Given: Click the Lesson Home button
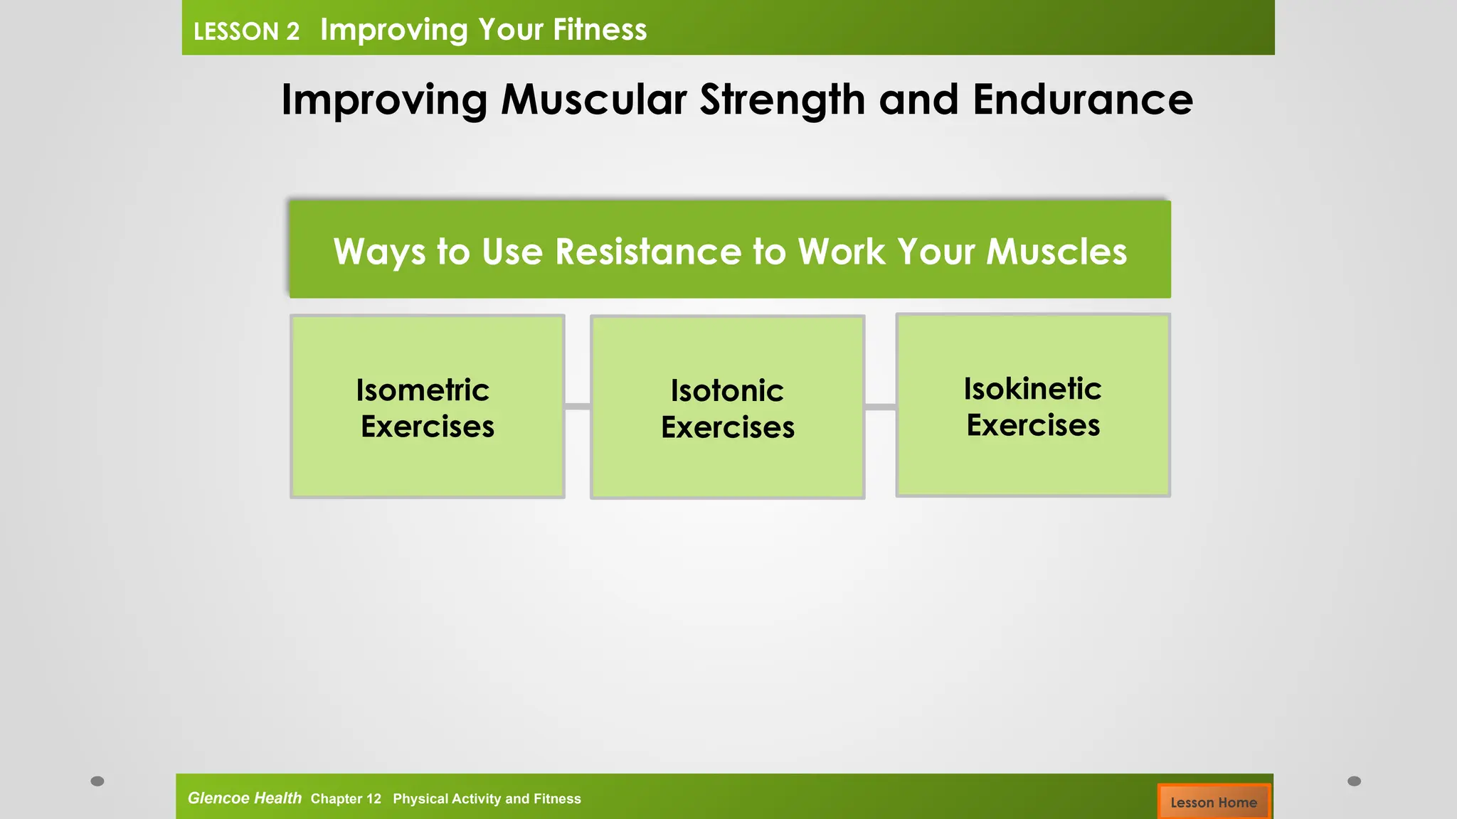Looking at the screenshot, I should click(x=1214, y=802).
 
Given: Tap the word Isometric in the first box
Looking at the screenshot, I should click(x=423, y=390).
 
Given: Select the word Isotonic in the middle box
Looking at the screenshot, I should click(x=727, y=391).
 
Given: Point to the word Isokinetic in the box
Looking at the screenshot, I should click(x=1032, y=389).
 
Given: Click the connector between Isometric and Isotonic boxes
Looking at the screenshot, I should click(x=578, y=407).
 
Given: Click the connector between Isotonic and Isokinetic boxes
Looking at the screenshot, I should click(x=880, y=407).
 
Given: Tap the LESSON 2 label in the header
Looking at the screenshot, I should click(x=246, y=31).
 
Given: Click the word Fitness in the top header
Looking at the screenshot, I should click(x=600, y=30).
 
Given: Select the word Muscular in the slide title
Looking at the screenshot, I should click(x=593, y=100).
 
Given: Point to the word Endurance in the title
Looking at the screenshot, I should click(x=1082, y=100).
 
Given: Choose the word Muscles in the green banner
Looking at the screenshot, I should click(x=1056, y=252).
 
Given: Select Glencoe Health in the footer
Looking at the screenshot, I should click(x=244, y=798).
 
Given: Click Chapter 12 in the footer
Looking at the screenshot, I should click(x=346, y=799).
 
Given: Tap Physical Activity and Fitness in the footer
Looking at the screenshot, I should click(x=487, y=799).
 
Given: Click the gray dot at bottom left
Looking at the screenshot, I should click(x=97, y=781).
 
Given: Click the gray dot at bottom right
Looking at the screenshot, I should click(x=1354, y=781).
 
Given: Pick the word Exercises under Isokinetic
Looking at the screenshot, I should click(x=1033, y=425).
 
